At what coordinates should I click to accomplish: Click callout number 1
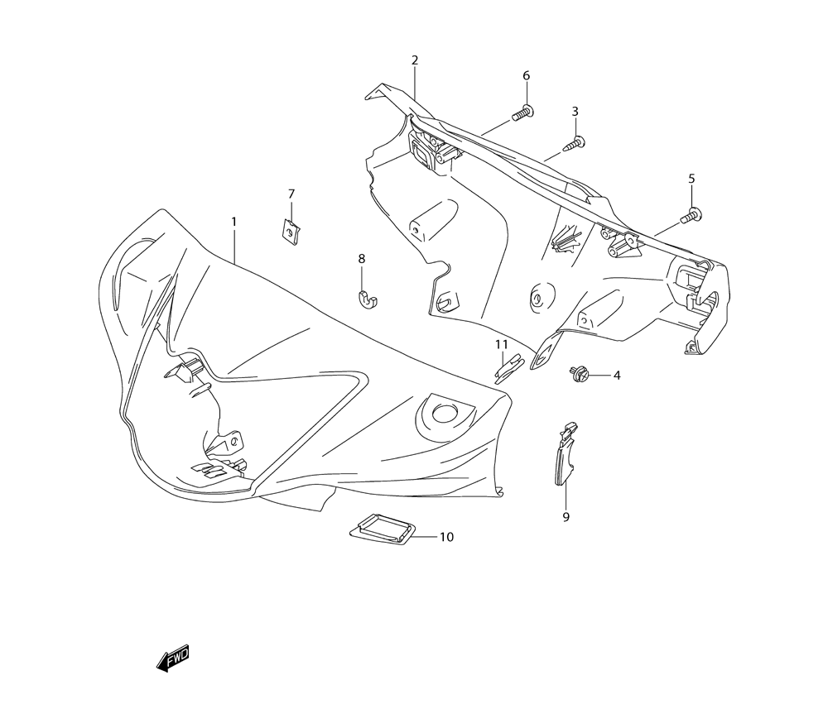233,222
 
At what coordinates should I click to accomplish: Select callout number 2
415,60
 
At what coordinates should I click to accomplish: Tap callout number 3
575,112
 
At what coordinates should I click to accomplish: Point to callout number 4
616,376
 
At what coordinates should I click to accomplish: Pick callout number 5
691,179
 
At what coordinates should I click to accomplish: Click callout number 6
526,76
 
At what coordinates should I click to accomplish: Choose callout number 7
291,194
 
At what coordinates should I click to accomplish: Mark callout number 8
362,259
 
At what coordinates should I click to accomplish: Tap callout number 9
566,517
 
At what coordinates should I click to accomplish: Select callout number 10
446,537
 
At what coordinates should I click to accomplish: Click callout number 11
502,344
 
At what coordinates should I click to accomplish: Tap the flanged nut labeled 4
580,375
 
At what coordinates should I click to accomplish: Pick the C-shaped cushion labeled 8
368,299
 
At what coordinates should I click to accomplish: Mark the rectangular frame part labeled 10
381,529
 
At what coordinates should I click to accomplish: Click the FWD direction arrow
174,659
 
